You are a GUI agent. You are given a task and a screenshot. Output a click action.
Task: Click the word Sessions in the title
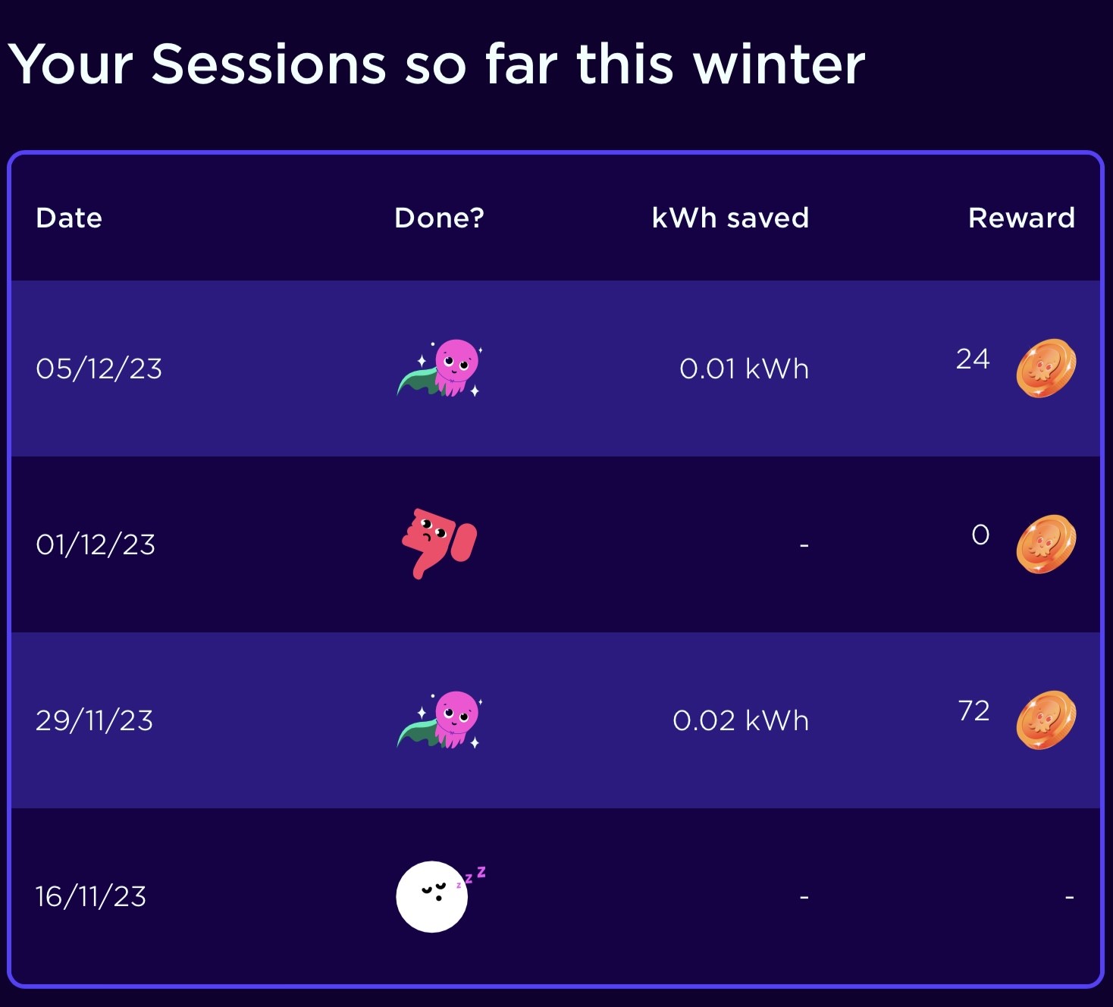268,65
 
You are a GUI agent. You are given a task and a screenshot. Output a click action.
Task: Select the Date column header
69,218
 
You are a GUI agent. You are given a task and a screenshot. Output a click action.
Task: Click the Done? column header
439,218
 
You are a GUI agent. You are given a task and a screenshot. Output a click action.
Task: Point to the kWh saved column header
730,218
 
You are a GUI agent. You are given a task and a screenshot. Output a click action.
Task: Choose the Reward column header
1021,218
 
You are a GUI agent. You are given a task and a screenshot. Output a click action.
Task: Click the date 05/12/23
99,369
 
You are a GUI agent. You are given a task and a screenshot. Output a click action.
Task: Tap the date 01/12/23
96,544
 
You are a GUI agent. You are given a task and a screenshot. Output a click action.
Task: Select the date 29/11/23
94,720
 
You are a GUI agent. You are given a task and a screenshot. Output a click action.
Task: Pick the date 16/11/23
91,896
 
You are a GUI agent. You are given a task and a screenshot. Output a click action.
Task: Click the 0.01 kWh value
744,369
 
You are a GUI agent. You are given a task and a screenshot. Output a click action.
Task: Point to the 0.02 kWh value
741,720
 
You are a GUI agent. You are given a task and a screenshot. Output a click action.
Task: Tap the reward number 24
973,359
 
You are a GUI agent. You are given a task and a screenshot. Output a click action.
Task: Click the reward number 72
973,711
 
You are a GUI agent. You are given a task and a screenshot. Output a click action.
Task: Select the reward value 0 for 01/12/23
980,535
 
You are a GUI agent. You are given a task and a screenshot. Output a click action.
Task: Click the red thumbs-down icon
439,543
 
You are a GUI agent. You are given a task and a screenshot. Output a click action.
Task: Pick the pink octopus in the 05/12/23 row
440,368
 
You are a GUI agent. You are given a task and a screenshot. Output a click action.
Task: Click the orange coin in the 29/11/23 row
1046,720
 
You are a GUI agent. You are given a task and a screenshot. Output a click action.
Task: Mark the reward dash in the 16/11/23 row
1069,897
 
